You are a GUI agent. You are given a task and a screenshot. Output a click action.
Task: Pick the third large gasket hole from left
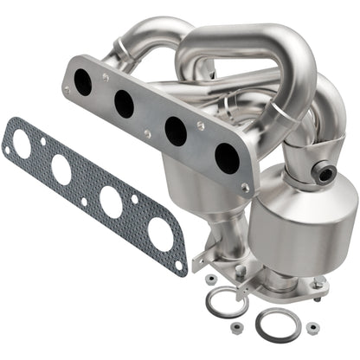click(x=111, y=200)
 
